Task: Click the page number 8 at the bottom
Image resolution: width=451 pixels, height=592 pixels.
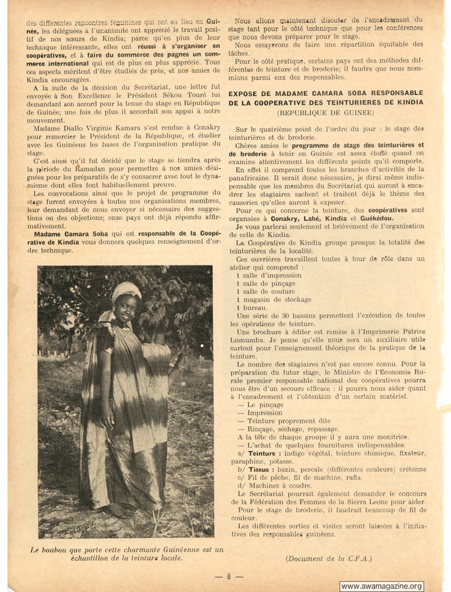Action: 228,576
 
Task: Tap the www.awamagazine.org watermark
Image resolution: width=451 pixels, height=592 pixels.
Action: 382,586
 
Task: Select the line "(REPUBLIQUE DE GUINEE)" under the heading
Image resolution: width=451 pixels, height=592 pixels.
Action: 326,113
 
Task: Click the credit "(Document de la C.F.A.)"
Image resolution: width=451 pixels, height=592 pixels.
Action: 328,558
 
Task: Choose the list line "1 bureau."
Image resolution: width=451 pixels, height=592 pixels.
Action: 251,307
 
